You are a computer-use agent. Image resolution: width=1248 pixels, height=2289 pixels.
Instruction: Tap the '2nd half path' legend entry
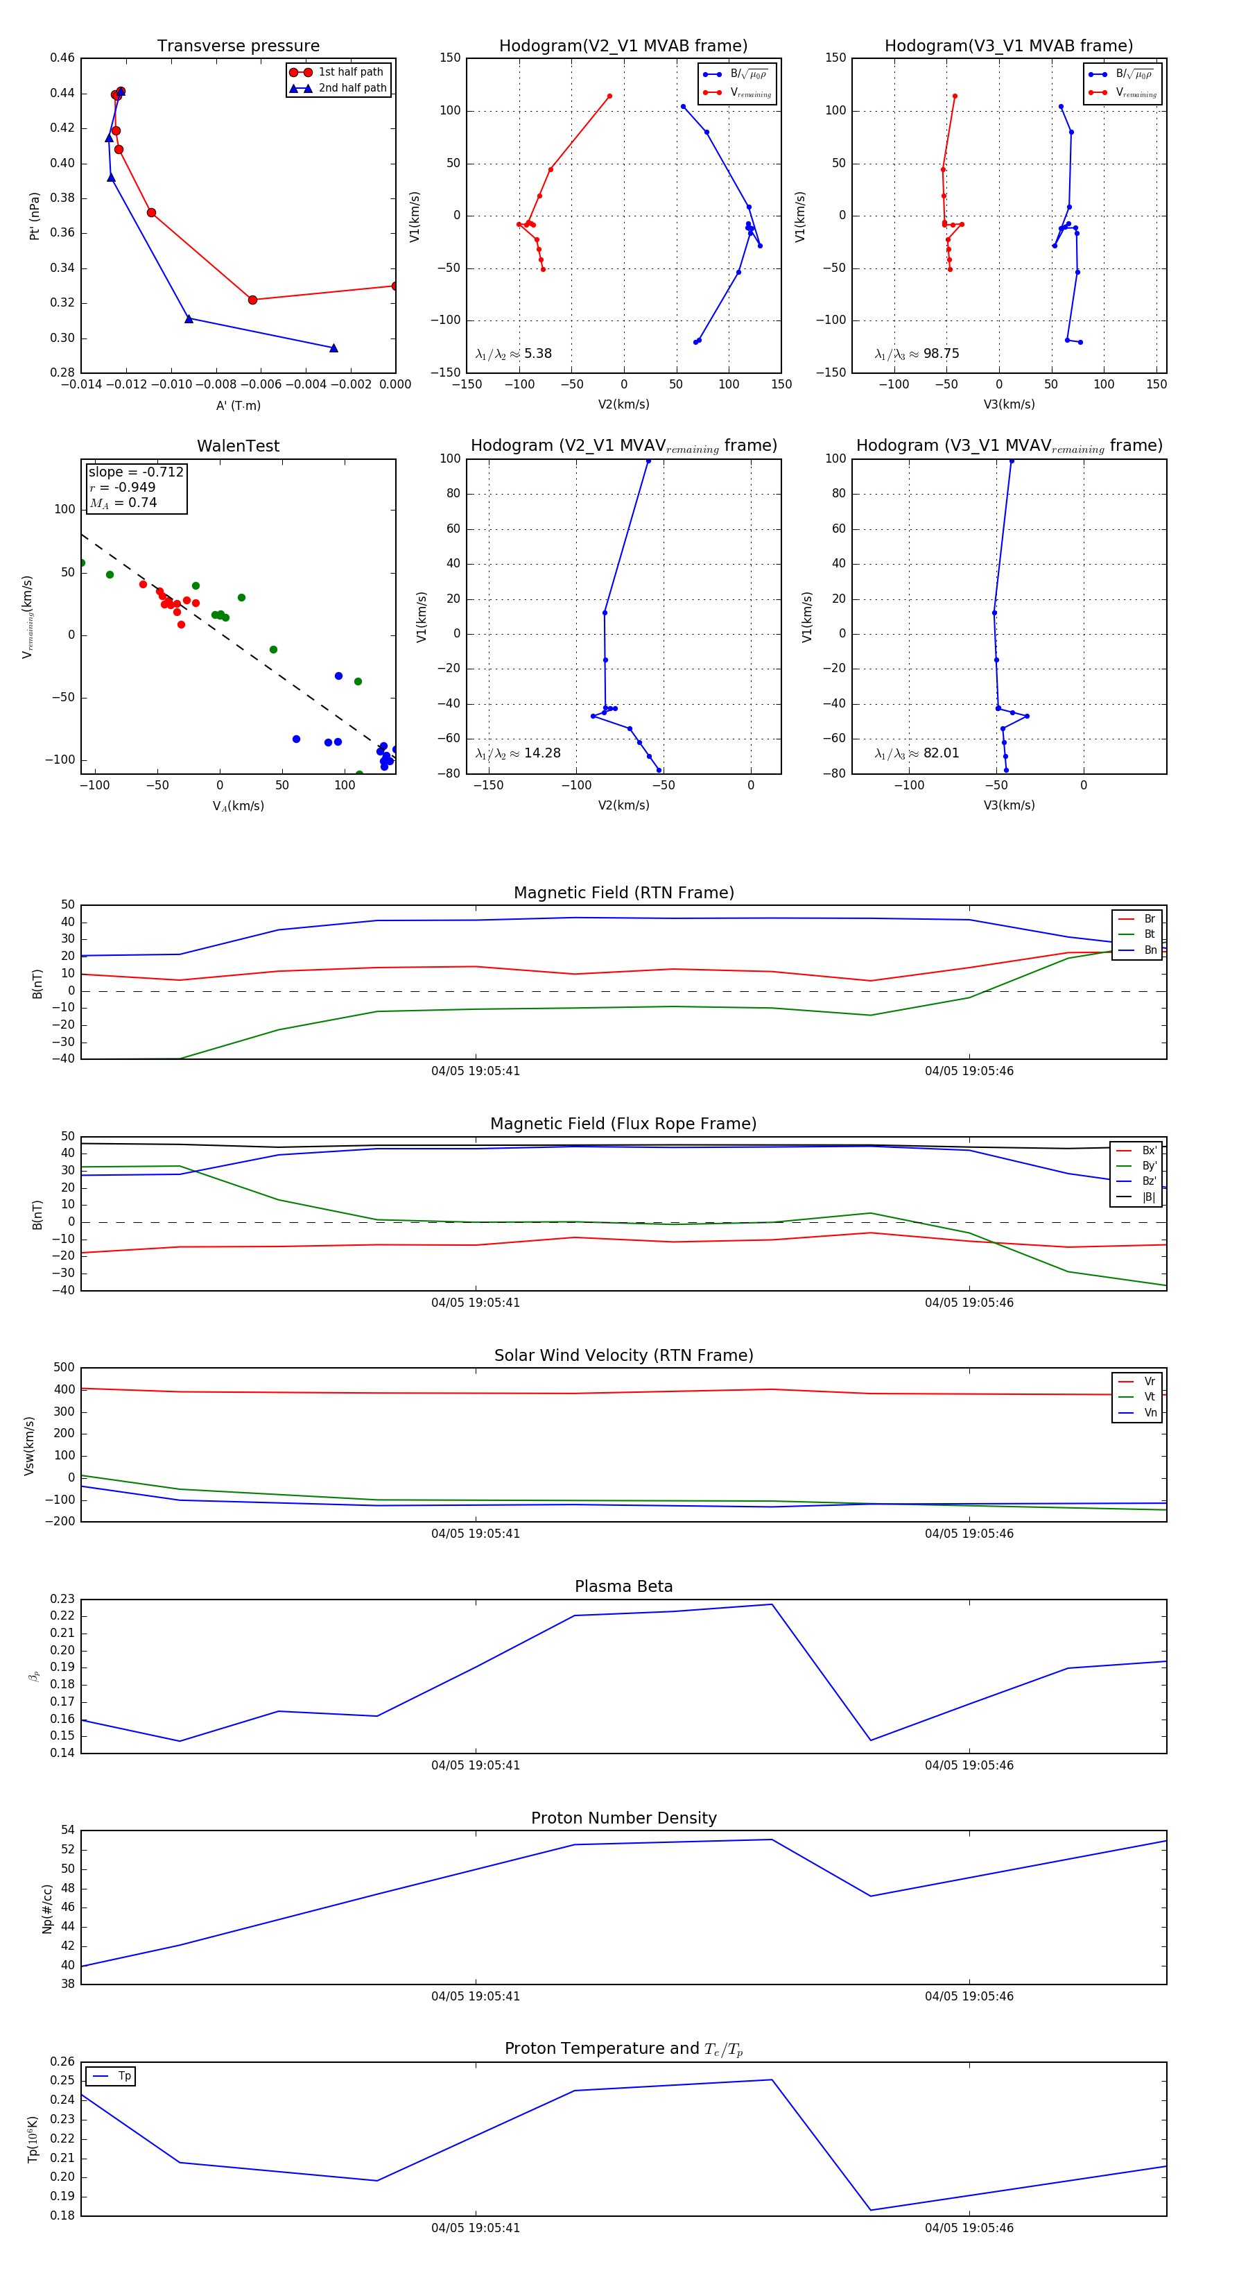pyautogui.click(x=352, y=88)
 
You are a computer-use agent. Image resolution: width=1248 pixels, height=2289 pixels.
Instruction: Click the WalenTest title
pyautogui.click(x=238, y=446)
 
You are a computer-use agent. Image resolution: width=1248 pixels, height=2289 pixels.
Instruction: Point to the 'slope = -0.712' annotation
pyautogui.click(x=136, y=472)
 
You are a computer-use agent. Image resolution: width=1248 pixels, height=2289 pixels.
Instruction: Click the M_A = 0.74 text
pyautogui.click(x=123, y=503)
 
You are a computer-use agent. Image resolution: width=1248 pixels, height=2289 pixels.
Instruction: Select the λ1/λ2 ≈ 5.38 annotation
pyautogui.click(x=513, y=354)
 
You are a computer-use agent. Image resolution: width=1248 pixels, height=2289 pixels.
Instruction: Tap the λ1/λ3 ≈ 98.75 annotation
pyautogui.click(x=917, y=354)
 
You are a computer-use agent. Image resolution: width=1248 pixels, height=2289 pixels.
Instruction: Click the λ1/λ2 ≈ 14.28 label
pyautogui.click(x=518, y=753)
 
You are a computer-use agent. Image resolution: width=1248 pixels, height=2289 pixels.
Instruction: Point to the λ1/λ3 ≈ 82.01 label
pyautogui.click(x=917, y=753)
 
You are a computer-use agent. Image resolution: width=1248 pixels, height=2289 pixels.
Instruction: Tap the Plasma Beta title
pyautogui.click(x=623, y=1587)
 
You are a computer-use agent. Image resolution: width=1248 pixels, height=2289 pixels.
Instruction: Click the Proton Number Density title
pyautogui.click(x=623, y=1818)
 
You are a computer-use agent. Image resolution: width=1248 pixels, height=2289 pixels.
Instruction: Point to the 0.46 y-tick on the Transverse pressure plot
pyautogui.click(x=62, y=58)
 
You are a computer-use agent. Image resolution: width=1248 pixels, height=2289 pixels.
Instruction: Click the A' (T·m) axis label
pyautogui.click(x=238, y=405)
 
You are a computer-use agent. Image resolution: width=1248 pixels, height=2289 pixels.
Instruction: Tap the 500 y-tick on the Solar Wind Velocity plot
pyautogui.click(x=64, y=1368)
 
